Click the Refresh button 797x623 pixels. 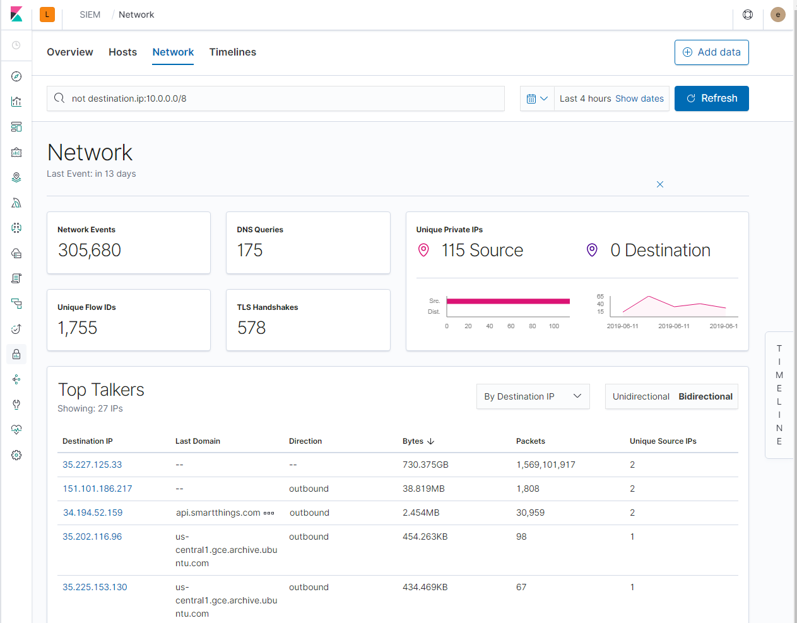click(711, 98)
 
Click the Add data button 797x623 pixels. click(711, 52)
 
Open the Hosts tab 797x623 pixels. click(122, 52)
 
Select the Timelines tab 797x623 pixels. click(232, 52)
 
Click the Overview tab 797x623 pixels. click(70, 52)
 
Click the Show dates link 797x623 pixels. click(639, 98)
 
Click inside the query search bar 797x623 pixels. click(278, 98)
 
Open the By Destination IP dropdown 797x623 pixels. click(533, 396)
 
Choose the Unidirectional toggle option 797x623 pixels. click(641, 396)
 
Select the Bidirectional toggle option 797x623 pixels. click(705, 396)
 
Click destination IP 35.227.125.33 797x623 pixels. click(92, 465)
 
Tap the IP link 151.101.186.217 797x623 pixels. click(97, 489)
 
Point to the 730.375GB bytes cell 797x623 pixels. click(425, 465)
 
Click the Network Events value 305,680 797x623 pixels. click(90, 251)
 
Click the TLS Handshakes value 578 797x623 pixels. click(251, 328)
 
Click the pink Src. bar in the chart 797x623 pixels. click(508, 301)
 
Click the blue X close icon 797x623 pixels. click(660, 184)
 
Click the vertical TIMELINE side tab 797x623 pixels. click(779, 395)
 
